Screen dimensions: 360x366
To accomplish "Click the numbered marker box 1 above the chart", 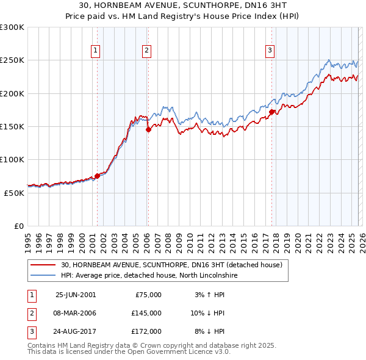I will (x=97, y=51).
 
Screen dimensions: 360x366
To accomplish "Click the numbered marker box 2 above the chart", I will (x=148, y=51).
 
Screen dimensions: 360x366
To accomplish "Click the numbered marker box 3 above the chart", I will (x=270, y=51).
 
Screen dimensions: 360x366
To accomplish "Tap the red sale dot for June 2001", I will (x=97, y=176).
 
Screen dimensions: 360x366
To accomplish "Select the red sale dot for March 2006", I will (x=148, y=130).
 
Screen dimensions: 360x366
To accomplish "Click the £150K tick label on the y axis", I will (x=12, y=126).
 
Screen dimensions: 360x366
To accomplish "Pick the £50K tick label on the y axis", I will (x=14, y=193).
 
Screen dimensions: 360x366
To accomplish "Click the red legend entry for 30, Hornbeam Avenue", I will (x=171, y=265).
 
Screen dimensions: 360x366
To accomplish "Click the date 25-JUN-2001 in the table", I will (x=76, y=295).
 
